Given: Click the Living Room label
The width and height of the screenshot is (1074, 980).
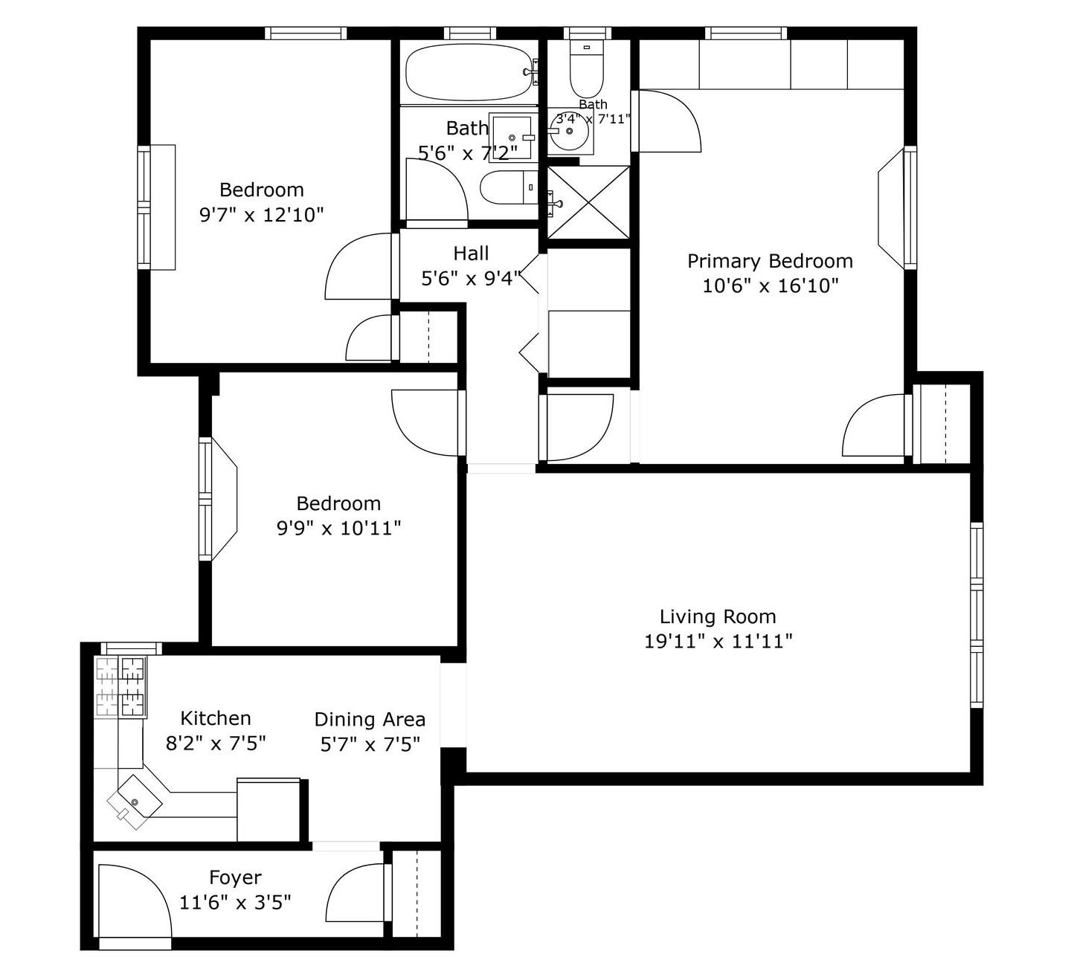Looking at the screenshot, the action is click(x=718, y=616).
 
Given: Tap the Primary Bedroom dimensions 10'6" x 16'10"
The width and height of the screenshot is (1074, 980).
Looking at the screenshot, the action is click(x=770, y=286).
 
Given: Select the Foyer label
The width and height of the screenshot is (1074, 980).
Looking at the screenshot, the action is click(x=235, y=877).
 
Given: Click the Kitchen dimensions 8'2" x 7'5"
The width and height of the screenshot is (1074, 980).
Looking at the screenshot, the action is click(x=216, y=743).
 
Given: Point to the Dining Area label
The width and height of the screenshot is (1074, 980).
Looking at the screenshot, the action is click(x=370, y=719).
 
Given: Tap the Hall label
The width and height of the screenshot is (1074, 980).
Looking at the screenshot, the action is click(x=471, y=253).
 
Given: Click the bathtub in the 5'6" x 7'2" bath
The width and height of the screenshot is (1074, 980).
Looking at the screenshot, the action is click(x=469, y=72).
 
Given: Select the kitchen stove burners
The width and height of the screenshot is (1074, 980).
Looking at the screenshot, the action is click(x=121, y=687).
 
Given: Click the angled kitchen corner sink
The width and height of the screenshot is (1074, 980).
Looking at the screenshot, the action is click(x=135, y=802).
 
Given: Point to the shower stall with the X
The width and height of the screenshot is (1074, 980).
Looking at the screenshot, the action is click(x=588, y=202).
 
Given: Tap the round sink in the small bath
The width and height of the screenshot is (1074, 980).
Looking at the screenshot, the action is click(x=570, y=131).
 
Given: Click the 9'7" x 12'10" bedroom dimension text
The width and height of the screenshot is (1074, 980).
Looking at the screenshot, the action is click(x=262, y=215).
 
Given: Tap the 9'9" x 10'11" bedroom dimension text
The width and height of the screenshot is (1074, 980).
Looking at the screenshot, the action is click(x=339, y=529).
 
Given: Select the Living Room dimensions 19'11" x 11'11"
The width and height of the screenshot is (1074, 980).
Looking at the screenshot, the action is click(x=718, y=641).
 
